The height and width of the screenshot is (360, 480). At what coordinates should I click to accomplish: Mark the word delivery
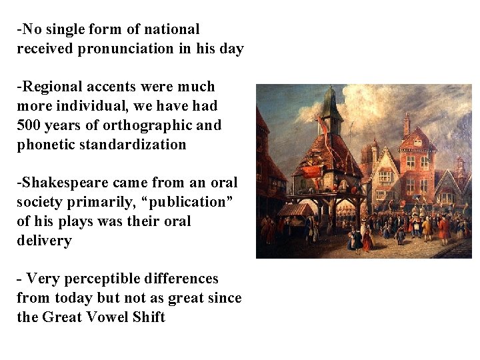[44, 240]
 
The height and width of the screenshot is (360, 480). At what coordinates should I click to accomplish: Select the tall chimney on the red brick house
[406, 124]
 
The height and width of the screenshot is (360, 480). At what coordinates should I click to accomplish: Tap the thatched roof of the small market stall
[296, 210]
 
